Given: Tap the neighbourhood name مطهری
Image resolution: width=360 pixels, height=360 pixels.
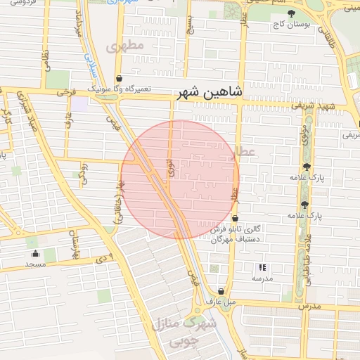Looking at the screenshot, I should pos(124,46).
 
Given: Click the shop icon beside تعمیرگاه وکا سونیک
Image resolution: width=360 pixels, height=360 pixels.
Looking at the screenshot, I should pos(118,78).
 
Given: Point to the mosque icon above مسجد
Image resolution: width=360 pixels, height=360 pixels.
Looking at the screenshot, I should pos(35,254).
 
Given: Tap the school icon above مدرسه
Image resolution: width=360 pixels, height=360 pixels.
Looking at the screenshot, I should pos(262,268).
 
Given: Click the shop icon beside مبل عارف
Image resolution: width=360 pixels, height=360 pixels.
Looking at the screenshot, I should pos(221,292).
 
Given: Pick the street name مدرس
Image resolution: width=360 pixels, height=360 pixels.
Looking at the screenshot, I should pos(309,307).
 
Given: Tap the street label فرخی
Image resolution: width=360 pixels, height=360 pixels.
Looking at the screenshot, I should pos(65,92).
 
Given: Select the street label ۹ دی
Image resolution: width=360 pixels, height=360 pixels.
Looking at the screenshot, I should pos(105,259).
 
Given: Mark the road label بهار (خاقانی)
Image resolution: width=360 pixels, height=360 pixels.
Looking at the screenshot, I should pos(120,201).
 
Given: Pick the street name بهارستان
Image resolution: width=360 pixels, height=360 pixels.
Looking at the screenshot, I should pos(75,243).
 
